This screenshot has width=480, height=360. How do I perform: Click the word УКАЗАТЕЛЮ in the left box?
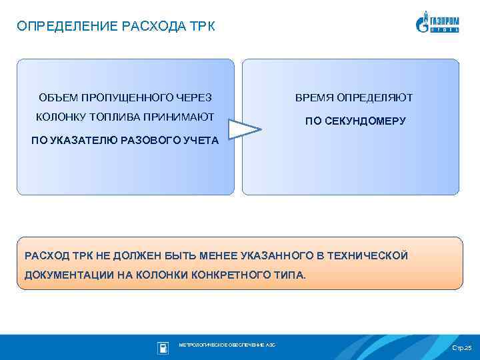(x=81, y=140)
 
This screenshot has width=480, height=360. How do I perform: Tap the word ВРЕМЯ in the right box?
(x=313, y=98)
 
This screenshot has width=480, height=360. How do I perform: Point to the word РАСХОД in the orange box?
(x=46, y=255)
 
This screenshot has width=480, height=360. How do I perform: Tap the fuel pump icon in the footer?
(x=163, y=347)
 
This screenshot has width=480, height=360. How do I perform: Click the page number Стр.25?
(x=461, y=348)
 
